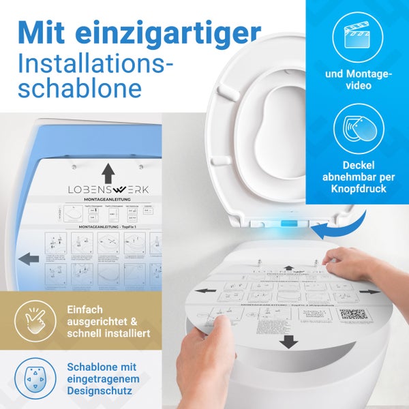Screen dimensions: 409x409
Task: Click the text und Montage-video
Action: pyautogui.click(x=358, y=80)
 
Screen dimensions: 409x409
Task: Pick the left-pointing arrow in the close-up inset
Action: pyautogui.click(x=29, y=259)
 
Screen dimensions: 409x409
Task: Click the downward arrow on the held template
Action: pyautogui.click(x=288, y=341)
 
